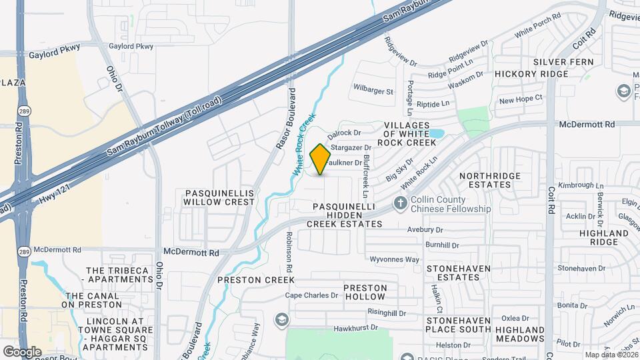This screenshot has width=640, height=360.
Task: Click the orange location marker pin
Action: tap(321, 159)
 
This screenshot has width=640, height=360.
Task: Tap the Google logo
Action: tap(22, 351)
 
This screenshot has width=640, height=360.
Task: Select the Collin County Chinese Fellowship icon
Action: tap(401, 203)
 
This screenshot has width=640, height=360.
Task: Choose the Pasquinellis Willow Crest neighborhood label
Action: tap(219, 197)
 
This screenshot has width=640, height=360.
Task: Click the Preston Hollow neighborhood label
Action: tap(365, 292)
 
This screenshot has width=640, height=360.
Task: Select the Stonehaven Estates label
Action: tap(458, 273)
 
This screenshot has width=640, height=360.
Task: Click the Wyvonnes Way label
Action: tap(395, 259)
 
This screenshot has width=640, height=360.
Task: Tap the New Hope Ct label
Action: tap(521, 99)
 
